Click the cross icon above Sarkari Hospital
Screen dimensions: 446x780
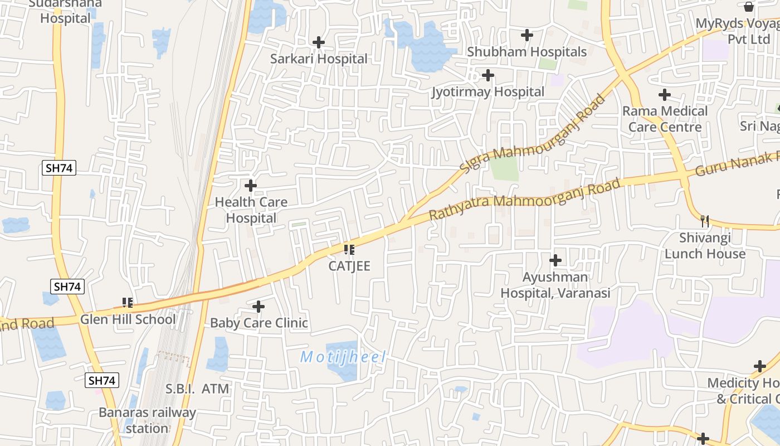click(319, 42)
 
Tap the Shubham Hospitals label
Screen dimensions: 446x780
click(526, 52)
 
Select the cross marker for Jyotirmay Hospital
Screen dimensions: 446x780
click(488, 75)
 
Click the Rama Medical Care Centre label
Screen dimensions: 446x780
click(665, 119)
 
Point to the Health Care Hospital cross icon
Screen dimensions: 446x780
click(251, 185)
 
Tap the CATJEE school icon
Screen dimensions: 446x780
click(349, 249)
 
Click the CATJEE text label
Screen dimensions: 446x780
click(349, 266)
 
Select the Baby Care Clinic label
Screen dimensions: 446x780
click(259, 323)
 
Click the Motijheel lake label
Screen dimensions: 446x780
click(343, 357)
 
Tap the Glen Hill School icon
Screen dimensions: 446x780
click(128, 303)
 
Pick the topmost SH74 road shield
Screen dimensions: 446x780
click(58, 168)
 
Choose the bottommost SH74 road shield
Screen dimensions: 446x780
click(102, 381)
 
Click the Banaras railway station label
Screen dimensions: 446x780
click(147, 420)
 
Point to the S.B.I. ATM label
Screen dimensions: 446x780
click(197, 389)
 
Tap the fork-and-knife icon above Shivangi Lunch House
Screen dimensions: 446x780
click(705, 221)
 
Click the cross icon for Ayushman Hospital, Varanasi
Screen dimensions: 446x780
click(555, 260)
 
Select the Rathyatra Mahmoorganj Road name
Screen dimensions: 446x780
click(524, 200)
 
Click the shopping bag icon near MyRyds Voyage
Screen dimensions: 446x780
click(749, 7)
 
